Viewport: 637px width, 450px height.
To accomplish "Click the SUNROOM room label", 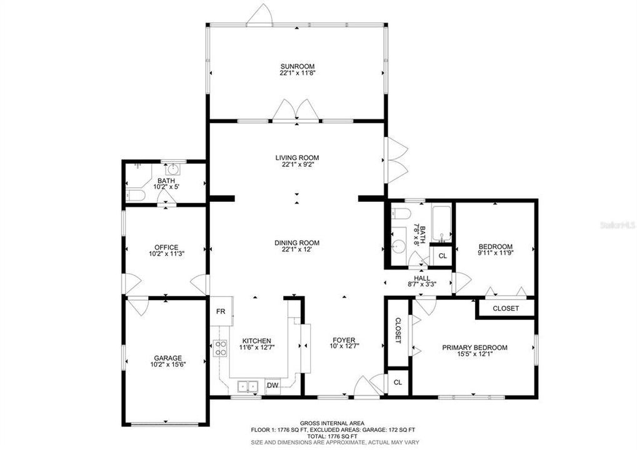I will [x=297, y=66].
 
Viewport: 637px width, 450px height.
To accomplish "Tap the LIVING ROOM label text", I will [x=297, y=157].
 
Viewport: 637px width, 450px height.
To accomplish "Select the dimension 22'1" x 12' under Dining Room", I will [x=297, y=249].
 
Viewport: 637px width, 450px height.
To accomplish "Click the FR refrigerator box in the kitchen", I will [x=221, y=311].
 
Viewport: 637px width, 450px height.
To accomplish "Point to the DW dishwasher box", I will [x=273, y=386].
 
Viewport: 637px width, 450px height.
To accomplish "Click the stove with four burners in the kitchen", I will [x=220, y=347].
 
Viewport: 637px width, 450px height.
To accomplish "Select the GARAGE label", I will [x=168, y=358].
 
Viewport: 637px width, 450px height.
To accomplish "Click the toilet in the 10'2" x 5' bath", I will [x=136, y=196].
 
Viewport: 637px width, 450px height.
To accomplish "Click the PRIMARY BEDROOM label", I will [x=474, y=347].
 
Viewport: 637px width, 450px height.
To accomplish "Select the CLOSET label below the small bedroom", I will [x=506, y=308].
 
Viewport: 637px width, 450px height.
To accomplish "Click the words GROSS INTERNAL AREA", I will [x=332, y=423].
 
